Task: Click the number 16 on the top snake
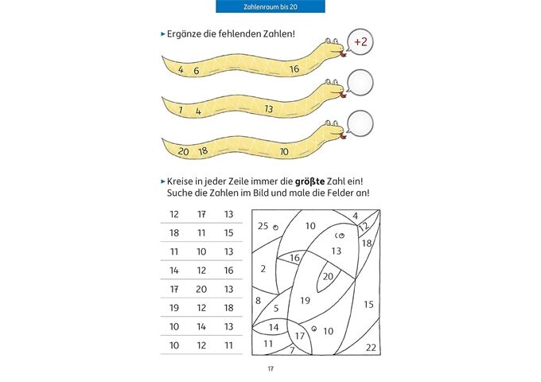coord(294,69)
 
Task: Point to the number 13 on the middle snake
coord(269,108)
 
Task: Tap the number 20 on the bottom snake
coord(183,150)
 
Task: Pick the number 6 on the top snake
coord(197,70)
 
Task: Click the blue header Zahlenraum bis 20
coord(270,6)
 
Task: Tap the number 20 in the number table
coord(201,289)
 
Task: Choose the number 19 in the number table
coord(174,307)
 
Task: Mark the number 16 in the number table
coord(228,270)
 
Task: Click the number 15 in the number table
coord(228,232)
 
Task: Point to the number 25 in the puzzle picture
coord(263,226)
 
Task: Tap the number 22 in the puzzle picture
coord(371,347)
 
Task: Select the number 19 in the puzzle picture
coord(305,300)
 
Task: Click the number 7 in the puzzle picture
coord(292,349)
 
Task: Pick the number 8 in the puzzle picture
coord(258,300)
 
